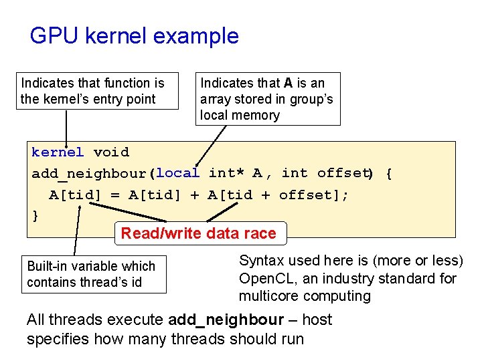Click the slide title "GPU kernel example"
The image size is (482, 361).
click(x=134, y=36)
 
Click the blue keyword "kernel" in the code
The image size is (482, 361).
click(x=58, y=152)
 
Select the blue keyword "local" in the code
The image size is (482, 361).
click(x=177, y=173)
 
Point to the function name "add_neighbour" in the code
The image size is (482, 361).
click(x=90, y=174)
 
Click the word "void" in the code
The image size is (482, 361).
click(x=111, y=152)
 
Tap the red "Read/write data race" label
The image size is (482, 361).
click(x=198, y=233)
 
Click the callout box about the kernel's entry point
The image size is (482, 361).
click(x=93, y=91)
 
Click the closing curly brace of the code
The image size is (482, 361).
click(x=35, y=215)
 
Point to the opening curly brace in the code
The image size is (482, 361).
click(x=390, y=174)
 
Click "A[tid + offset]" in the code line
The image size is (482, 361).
click(x=277, y=195)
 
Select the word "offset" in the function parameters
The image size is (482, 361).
click(x=343, y=173)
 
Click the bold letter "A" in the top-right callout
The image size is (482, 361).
click(x=289, y=83)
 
